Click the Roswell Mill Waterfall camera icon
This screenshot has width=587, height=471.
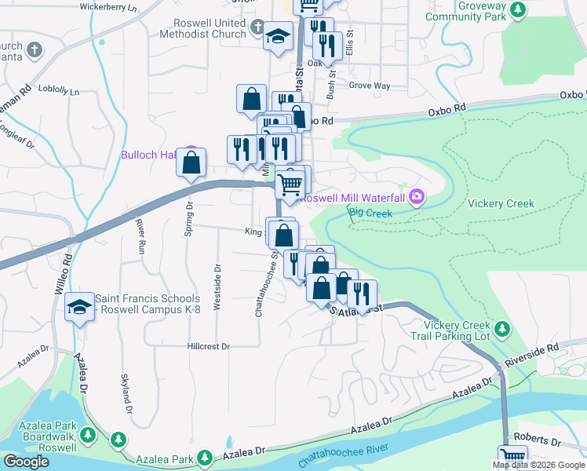(x=417, y=198)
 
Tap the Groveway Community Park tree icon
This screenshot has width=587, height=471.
(x=517, y=9)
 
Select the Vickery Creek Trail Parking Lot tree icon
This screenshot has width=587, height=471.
(x=503, y=327)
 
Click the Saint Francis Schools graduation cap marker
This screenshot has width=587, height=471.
(x=79, y=308)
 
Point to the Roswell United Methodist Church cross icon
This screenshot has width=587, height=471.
(x=257, y=28)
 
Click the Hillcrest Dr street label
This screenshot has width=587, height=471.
(x=208, y=346)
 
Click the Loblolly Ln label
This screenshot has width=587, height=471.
(x=59, y=91)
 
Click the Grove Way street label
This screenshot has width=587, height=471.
(x=369, y=86)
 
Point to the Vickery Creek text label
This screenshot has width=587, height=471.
(x=501, y=204)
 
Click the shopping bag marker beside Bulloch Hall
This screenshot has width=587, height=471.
(x=191, y=163)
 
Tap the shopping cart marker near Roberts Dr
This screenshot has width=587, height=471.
(x=512, y=456)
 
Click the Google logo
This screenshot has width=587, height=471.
(x=26, y=462)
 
